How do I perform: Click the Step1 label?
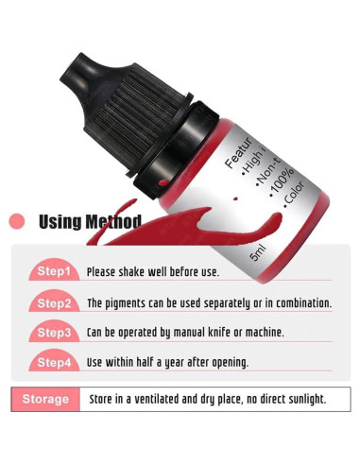click(53, 271)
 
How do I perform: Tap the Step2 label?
click(53, 302)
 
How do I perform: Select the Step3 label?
click(53, 332)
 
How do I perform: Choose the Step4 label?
click(53, 361)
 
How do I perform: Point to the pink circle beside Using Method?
click(16, 222)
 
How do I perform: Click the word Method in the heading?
click(113, 222)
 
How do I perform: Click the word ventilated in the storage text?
click(151, 399)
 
